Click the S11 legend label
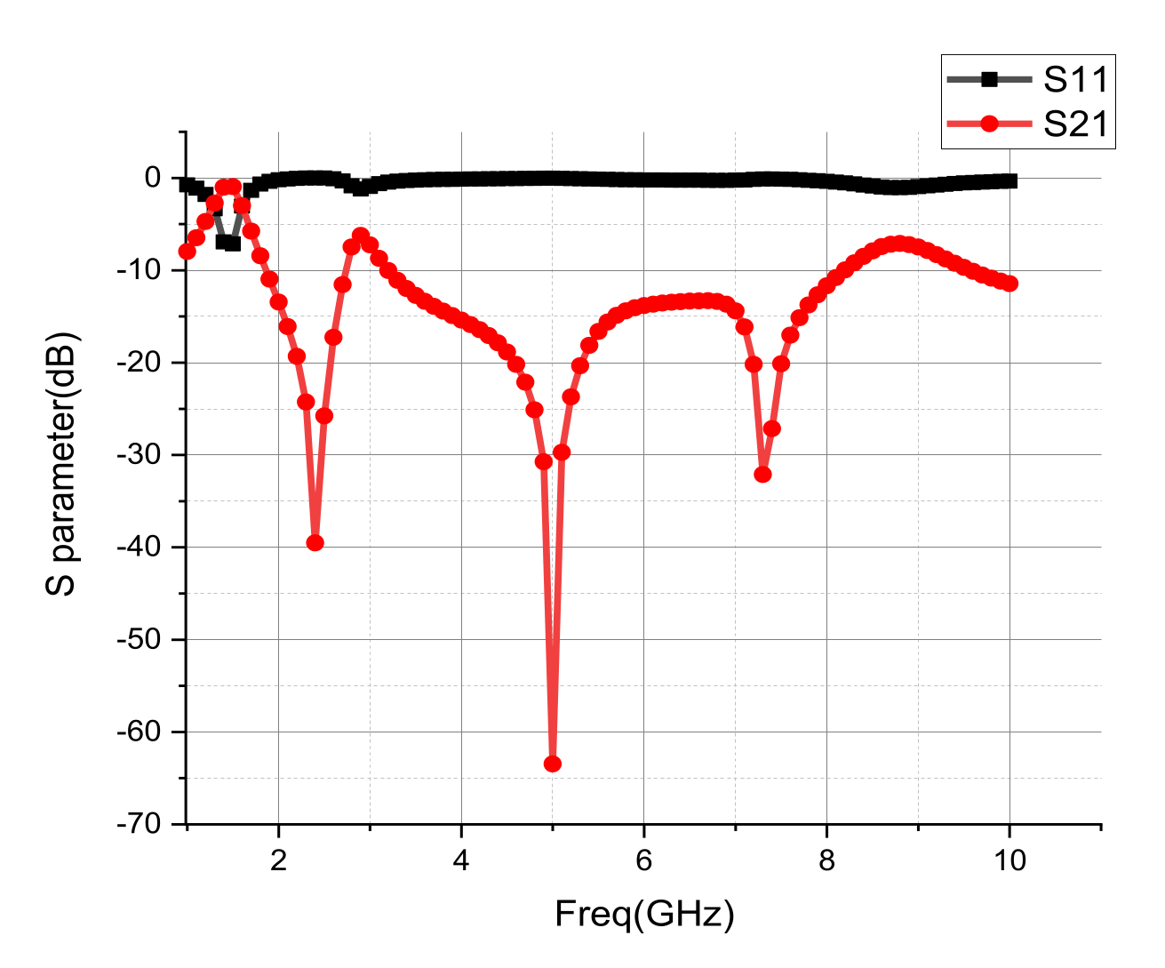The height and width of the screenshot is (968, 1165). (x=1076, y=80)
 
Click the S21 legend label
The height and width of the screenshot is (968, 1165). (x=1076, y=124)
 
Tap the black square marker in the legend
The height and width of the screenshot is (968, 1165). (x=989, y=80)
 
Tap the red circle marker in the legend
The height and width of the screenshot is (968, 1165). (x=989, y=124)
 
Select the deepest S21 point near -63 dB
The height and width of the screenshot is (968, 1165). (x=552, y=764)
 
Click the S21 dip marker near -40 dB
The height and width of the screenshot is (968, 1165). (x=315, y=543)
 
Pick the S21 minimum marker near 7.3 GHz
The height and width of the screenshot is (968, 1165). (x=762, y=475)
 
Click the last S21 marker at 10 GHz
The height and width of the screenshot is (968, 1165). (x=1009, y=284)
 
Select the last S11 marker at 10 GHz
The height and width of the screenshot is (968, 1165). (x=1009, y=181)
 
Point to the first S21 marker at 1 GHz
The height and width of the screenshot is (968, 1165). (x=187, y=252)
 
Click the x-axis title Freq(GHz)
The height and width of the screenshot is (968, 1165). (x=644, y=914)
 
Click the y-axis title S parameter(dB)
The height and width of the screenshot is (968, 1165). (x=62, y=463)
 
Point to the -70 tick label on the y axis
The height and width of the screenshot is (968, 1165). (x=140, y=824)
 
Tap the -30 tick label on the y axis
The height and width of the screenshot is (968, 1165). (x=140, y=455)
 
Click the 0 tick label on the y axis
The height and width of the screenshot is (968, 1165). (x=153, y=178)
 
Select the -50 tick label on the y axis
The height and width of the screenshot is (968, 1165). (x=140, y=640)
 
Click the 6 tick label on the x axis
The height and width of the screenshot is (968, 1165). (x=643, y=860)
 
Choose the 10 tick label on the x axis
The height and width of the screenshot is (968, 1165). (x=1009, y=860)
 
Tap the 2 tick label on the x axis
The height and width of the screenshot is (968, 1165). (x=278, y=860)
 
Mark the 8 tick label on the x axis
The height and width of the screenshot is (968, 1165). (x=826, y=860)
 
